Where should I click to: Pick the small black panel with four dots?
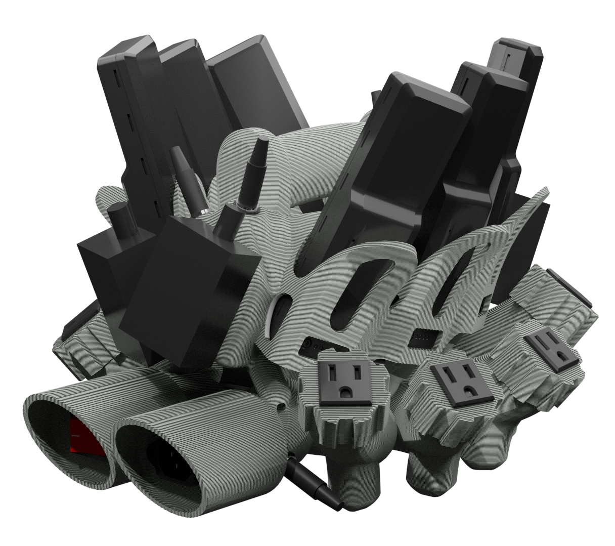(423, 335)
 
